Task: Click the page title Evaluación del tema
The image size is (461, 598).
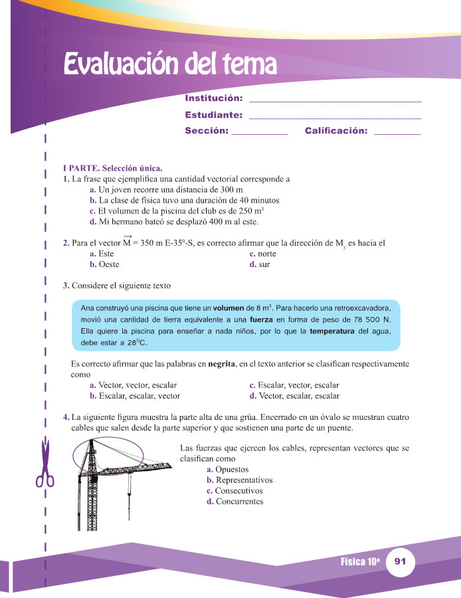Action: pyautogui.click(x=169, y=65)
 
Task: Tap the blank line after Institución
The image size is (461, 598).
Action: pyautogui.click(x=334, y=100)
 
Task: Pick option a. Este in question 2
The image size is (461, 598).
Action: pyautogui.click(x=101, y=254)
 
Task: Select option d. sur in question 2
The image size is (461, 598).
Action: pyautogui.click(x=260, y=264)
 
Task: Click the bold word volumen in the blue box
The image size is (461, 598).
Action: pyautogui.click(x=228, y=308)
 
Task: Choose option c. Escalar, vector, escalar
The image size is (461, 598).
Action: pyautogui.click(x=294, y=385)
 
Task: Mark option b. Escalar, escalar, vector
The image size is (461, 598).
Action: pyautogui.click(x=134, y=396)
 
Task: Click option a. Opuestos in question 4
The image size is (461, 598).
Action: pyautogui.click(x=228, y=470)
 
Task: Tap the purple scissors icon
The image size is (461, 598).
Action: pyautogui.click(x=45, y=464)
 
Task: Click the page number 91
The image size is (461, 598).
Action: pyautogui.click(x=400, y=562)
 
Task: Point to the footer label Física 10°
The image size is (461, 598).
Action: pyautogui.click(x=359, y=562)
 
